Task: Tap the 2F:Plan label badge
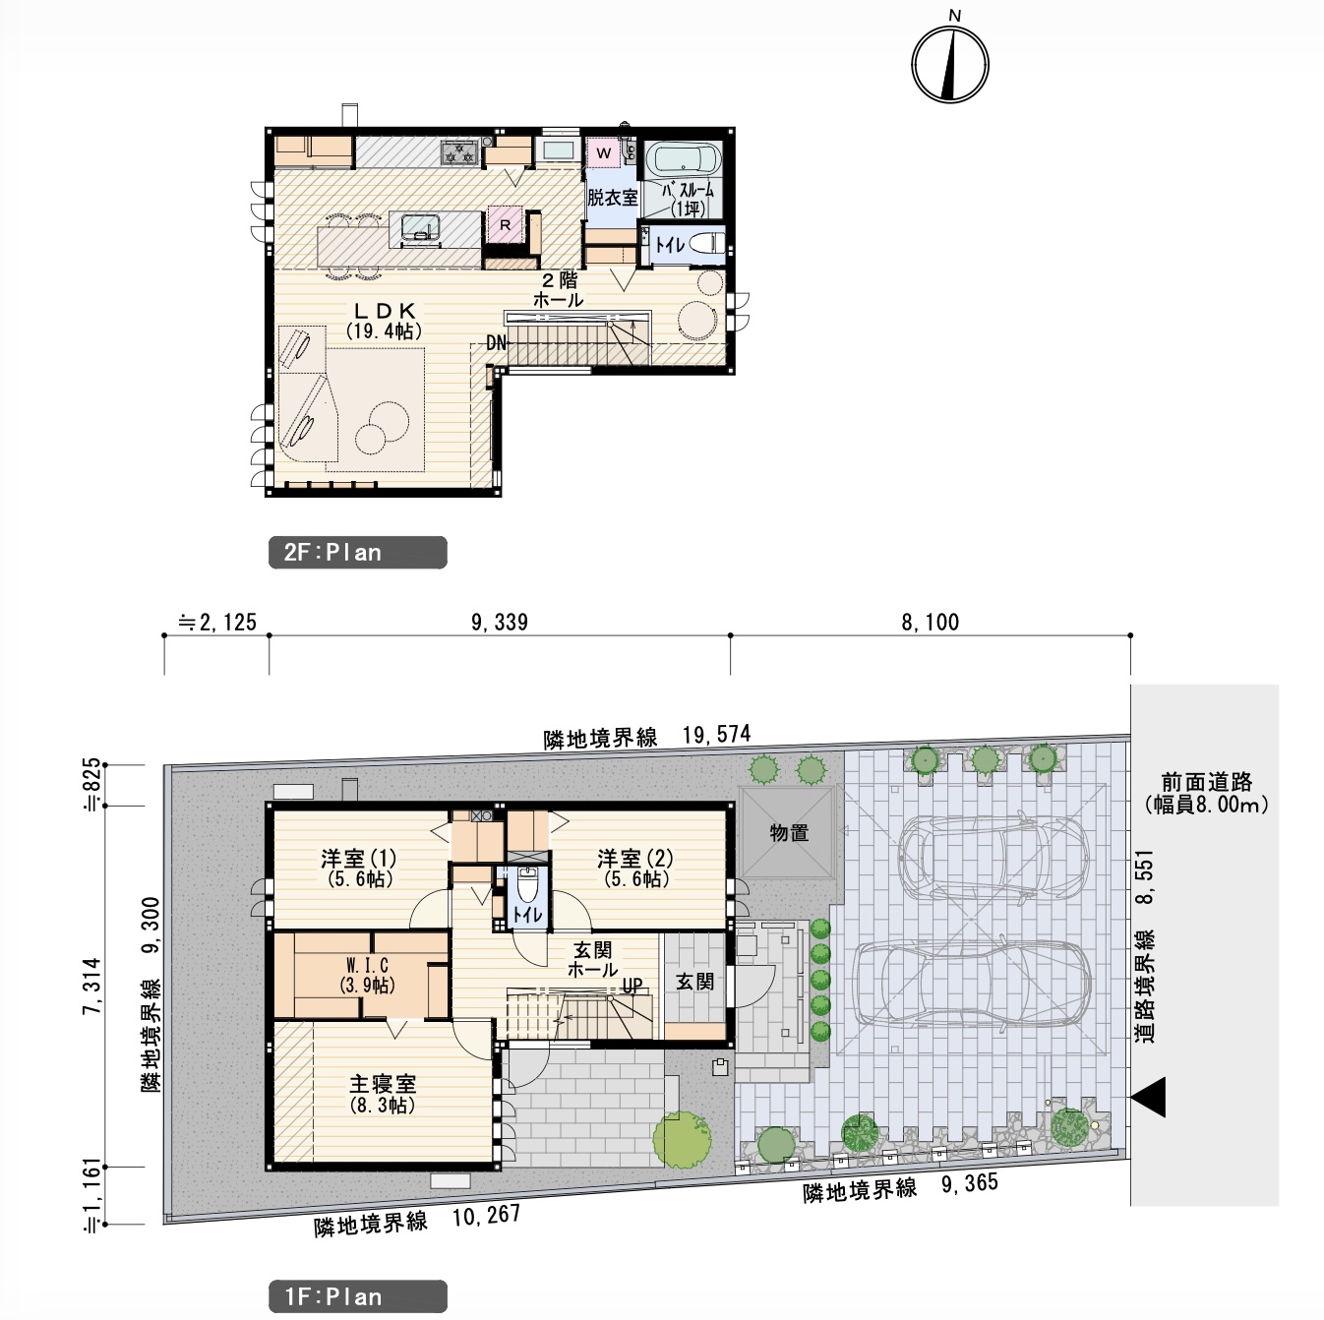357,553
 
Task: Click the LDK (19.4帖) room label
384,321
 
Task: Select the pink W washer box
603,153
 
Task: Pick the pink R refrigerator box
505,224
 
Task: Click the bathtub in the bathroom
683,159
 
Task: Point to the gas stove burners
459,152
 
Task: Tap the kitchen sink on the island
419,227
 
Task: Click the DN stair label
496,343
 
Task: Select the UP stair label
632,986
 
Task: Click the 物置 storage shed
788,833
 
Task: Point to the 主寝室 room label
383,1095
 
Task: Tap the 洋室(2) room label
635,868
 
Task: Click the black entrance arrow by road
1149,1098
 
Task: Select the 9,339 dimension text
500,623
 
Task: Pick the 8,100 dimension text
931,623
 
